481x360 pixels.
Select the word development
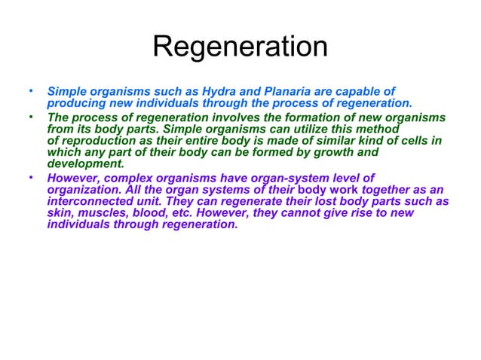click(x=84, y=163)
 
